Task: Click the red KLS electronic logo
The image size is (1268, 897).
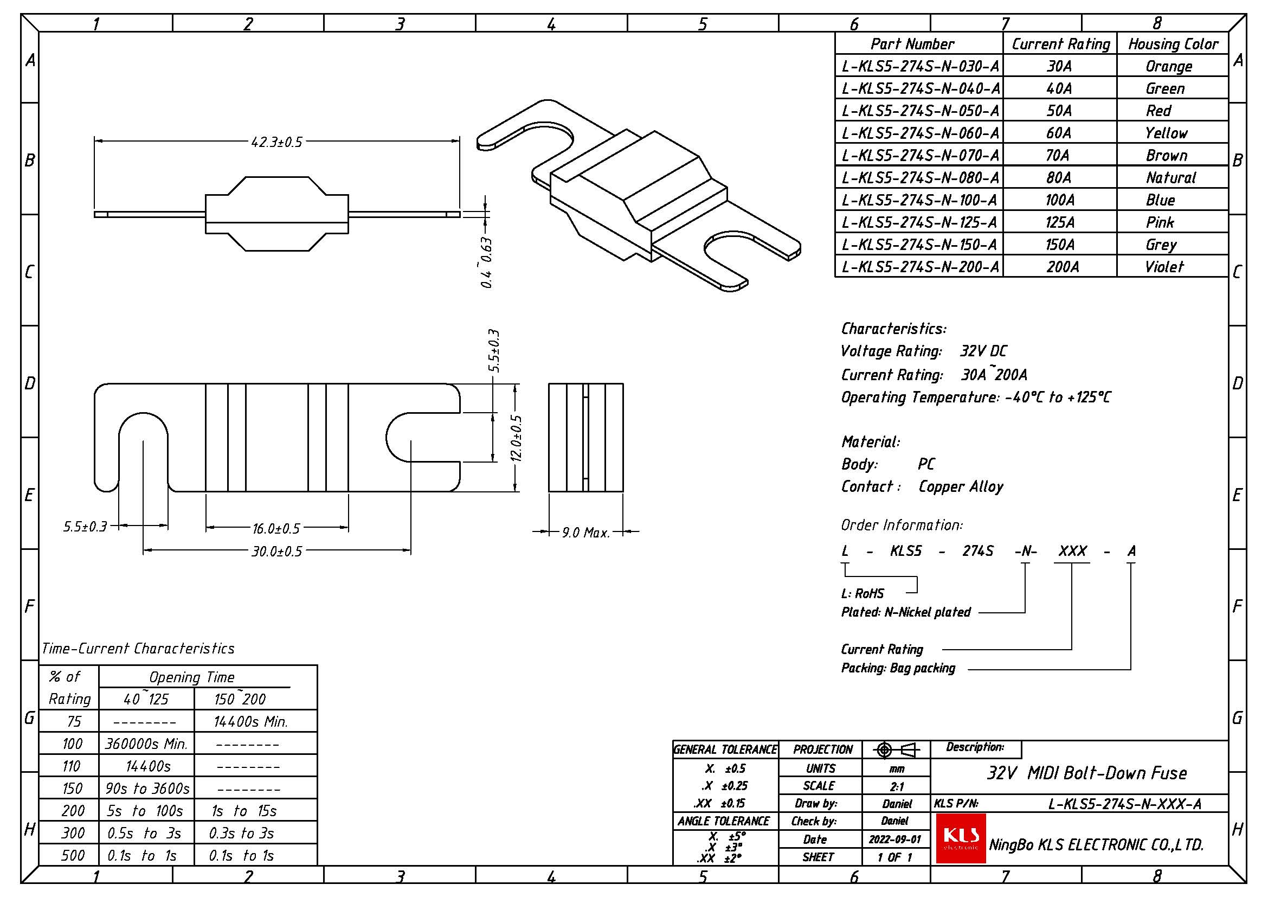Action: (x=961, y=838)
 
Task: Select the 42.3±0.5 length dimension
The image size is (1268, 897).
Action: (x=276, y=142)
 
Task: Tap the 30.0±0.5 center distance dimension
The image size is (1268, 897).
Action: (x=276, y=551)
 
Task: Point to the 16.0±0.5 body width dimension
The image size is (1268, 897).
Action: (x=276, y=529)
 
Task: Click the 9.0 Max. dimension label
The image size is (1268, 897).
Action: (x=586, y=533)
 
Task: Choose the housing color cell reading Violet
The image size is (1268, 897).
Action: (x=1164, y=267)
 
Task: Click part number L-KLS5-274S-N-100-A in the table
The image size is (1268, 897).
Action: (x=919, y=200)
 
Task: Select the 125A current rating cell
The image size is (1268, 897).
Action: (x=1060, y=222)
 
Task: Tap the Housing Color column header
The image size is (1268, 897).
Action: (x=1173, y=44)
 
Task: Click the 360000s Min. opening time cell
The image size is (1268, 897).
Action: (x=147, y=744)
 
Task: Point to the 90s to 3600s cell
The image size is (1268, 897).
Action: (x=147, y=788)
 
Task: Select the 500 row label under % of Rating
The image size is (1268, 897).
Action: (x=73, y=856)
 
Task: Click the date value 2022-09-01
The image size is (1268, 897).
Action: (x=895, y=839)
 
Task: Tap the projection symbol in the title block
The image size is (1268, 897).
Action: (x=896, y=749)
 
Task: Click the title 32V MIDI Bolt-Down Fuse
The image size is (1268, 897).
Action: (x=1087, y=773)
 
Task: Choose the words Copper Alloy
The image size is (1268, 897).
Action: (x=961, y=486)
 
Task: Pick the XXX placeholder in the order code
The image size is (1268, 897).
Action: (x=1072, y=550)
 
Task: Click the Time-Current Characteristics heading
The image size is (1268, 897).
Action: (x=138, y=648)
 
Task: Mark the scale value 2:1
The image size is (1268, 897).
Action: (x=897, y=786)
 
